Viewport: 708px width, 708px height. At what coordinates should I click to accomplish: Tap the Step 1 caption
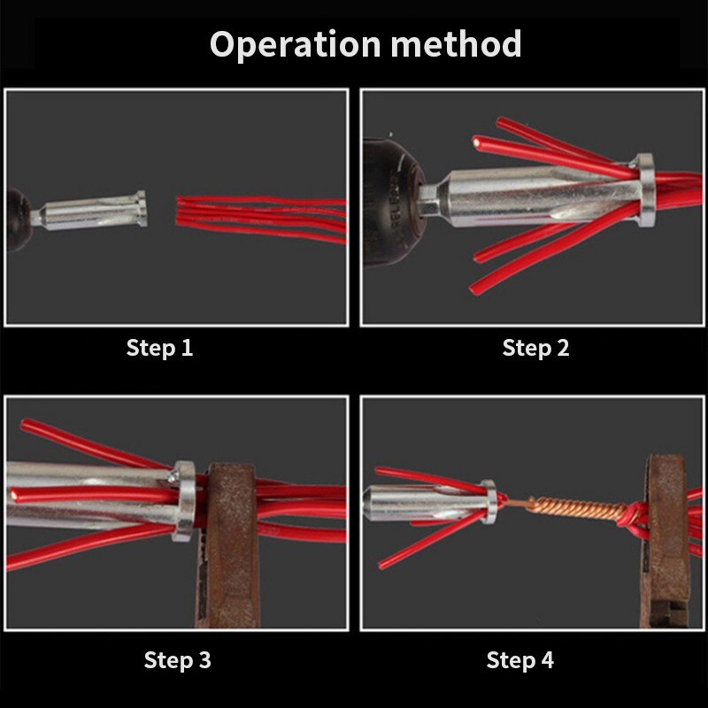159,348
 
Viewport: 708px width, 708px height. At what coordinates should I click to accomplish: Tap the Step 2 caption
535,348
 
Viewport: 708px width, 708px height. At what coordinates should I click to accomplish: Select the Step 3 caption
177,659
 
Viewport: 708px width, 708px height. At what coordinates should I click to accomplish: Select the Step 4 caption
520,659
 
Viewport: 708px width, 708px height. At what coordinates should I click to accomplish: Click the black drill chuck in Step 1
19,217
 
